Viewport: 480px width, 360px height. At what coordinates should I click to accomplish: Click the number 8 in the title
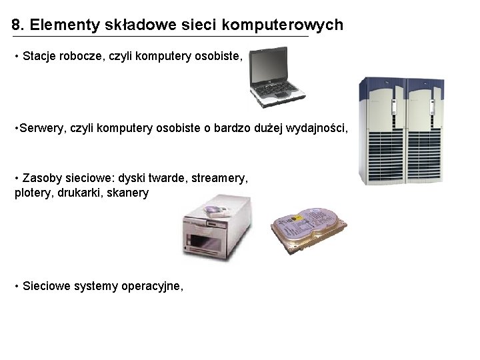click(16, 25)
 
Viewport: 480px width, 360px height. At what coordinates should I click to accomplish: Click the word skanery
click(129, 193)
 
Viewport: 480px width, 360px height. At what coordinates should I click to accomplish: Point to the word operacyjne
click(152, 287)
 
